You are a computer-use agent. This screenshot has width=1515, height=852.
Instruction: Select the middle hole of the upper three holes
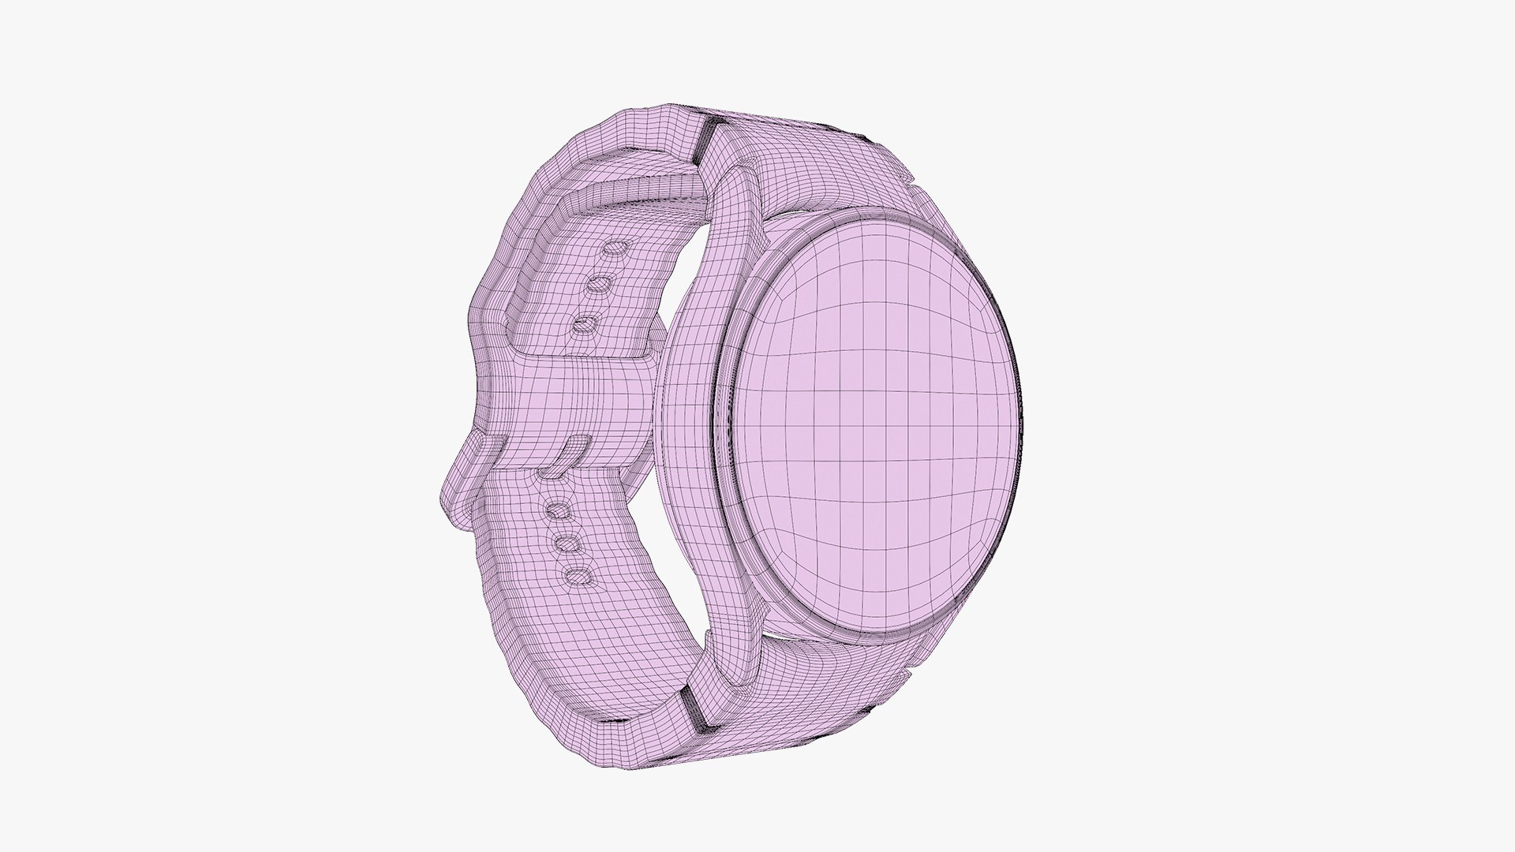click(600, 283)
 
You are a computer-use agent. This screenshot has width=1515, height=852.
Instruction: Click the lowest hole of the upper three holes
click(585, 324)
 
